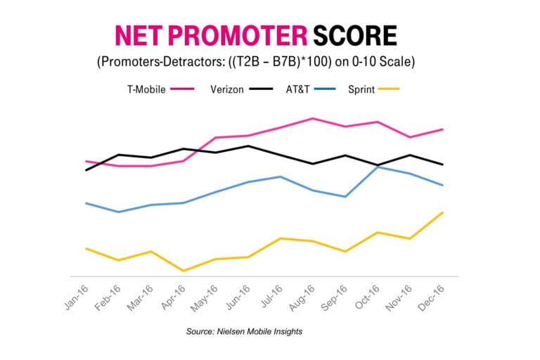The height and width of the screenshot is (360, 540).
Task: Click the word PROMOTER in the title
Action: tap(238, 35)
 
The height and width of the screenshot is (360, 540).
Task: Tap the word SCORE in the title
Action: tap(355, 35)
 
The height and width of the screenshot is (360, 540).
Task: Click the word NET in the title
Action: tap(139, 35)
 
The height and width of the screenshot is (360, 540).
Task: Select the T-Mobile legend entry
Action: tap(161, 89)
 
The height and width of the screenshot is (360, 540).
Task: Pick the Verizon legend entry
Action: tap(241, 89)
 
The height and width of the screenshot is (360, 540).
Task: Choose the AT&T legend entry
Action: tap(311, 89)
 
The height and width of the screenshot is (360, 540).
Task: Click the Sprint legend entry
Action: tap(373, 89)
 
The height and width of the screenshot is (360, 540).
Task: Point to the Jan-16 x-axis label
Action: tap(77, 297)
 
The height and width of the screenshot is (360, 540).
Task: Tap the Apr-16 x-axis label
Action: tap(174, 297)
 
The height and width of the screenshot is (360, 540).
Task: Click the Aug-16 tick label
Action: tap(302, 298)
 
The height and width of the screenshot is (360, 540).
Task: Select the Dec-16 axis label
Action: tap(431, 298)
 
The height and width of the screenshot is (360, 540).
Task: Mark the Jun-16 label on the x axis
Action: tap(238, 297)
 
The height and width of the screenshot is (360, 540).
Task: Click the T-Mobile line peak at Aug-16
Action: tap(312, 119)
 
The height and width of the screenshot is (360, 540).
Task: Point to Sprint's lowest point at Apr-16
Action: tap(184, 271)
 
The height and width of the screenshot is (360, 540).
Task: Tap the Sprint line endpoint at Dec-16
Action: tap(442, 212)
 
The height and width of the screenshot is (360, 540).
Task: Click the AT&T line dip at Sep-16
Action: tap(345, 197)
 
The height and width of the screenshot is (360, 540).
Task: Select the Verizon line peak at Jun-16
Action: tap(248, 146)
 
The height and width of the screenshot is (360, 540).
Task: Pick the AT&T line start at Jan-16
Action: tap(86, 203)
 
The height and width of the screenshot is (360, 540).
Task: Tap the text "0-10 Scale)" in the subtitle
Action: tap(383, 62)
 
